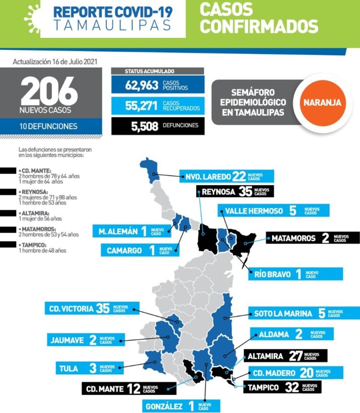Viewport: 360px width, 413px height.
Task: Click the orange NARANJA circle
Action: point(322,102)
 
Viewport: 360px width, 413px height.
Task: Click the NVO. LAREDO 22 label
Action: point(227,176)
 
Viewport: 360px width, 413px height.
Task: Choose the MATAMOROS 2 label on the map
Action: point(312,238)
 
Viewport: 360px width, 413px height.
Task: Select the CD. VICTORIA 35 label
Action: point(92,308)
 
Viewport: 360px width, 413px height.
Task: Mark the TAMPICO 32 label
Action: point(283,387)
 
